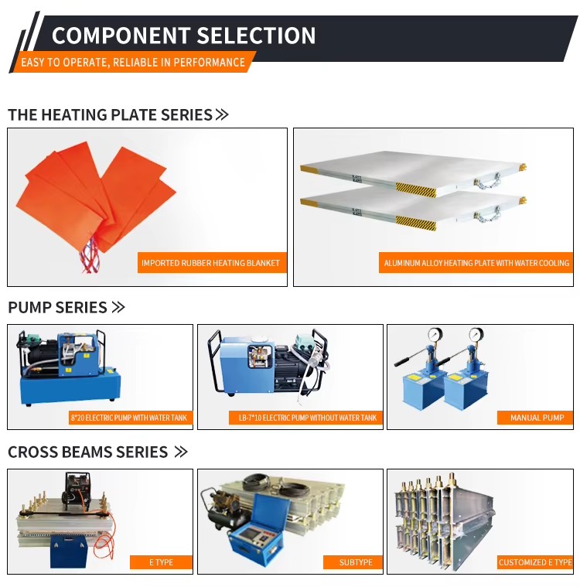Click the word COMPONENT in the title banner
121,36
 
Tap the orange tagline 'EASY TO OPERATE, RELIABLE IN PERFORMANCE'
133,62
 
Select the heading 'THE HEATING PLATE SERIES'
110,114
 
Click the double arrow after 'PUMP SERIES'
118,307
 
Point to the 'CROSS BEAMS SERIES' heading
87,452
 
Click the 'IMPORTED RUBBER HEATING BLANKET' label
210,263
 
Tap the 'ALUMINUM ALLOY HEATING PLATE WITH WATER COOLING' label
476,263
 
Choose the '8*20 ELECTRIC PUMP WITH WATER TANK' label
129,418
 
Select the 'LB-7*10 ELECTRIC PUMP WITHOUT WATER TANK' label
308,418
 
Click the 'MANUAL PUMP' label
537,418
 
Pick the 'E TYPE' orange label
161,562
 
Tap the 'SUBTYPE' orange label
356,562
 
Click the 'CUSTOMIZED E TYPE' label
535,562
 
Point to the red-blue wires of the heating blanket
90,254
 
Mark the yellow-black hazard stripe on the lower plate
416,223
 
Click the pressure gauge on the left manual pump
435,333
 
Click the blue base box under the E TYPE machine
69,551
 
